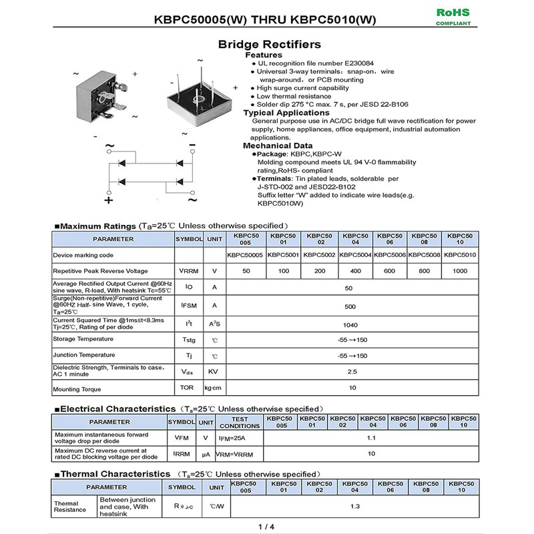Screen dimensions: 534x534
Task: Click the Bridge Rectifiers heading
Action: point(270,45)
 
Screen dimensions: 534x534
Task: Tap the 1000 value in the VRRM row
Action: point(460,271)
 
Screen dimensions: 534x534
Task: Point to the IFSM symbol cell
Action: point(188,306)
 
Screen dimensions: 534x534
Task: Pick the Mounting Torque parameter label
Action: point(77,389)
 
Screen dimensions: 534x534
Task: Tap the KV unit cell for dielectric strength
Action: point(214,372)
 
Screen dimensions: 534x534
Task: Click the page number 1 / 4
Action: point(266,527)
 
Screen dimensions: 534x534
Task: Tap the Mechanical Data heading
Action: point(277,146)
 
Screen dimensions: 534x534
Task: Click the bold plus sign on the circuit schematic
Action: point(109,199)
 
